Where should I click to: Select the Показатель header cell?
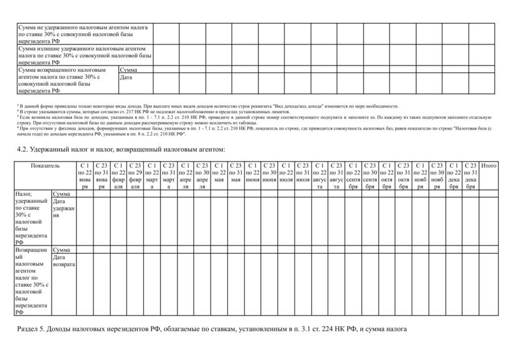click(x=45, y=165)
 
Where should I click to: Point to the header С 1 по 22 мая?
click(x=219, y=170)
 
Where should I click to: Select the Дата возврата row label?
click(x=64, y=260)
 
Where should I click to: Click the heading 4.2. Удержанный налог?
click(x=120, y=149)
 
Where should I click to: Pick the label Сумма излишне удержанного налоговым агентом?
click(x=83, y=55)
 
